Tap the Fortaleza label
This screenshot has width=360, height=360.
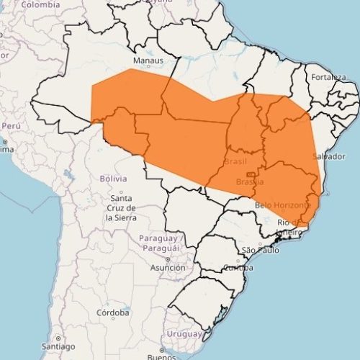(x=329, y=76)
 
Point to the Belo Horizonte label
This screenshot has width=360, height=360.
(x=282, y=204)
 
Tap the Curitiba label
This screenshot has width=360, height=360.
(x=238, y=268)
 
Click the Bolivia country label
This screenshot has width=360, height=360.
(x=113, y=177)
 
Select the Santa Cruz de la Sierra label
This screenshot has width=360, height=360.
(x=120, y=207)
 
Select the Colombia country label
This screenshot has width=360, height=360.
(x=40, y=4)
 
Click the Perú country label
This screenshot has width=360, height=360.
(x=10, y=125)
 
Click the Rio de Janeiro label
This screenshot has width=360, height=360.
(x=291, y=227)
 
